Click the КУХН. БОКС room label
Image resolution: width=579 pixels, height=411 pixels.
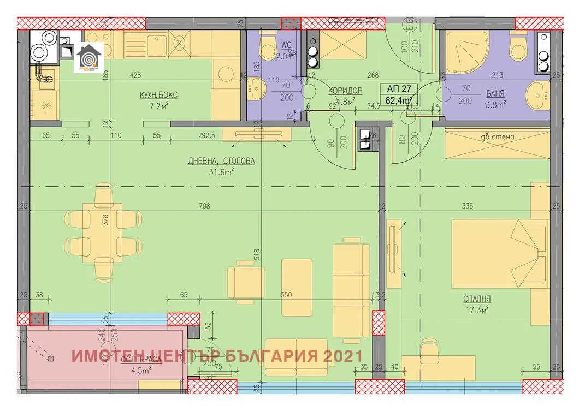coord(158,95)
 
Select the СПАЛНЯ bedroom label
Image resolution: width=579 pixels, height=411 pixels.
coord(477,299)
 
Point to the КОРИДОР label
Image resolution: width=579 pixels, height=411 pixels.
coord(345,91)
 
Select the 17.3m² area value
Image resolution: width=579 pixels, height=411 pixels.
coord(477,309)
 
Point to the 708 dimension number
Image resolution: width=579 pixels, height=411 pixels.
coord(205,206)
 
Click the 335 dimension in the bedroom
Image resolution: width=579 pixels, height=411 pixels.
coord(466,206)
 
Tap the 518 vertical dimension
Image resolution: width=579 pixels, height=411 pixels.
coord(256,254)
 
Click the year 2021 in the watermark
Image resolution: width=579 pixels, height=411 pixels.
coord(342,356)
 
